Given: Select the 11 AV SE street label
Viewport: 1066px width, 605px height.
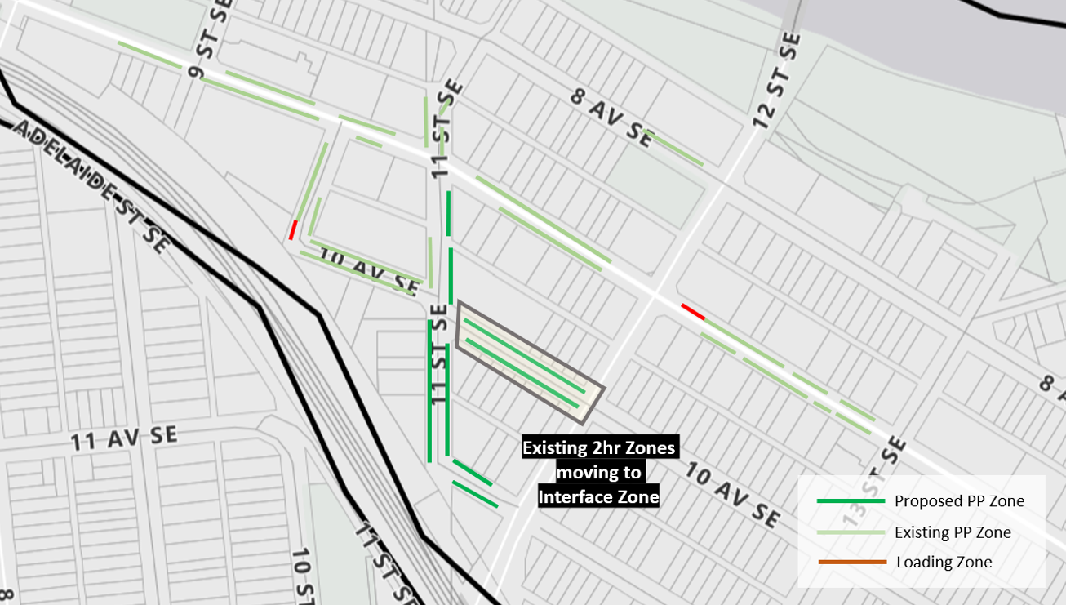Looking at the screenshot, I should (x=123, y=438).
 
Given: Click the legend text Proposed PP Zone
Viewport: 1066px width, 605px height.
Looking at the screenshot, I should (x=959, y=501).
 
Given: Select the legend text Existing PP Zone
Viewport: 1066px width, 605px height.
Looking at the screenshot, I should (x=953, y=532).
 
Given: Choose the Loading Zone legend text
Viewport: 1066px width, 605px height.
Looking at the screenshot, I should (x=944, y=562).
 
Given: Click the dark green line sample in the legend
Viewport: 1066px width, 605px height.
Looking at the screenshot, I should (x=851, y=501).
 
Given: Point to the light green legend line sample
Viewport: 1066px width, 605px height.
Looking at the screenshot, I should (x=851, y=532).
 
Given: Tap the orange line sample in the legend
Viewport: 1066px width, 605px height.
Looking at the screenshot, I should (x=851, y=562).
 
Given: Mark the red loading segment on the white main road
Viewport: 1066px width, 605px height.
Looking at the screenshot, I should (x=693, y=311).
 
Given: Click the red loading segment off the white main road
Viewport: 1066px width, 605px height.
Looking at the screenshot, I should (x=292, y=230).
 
